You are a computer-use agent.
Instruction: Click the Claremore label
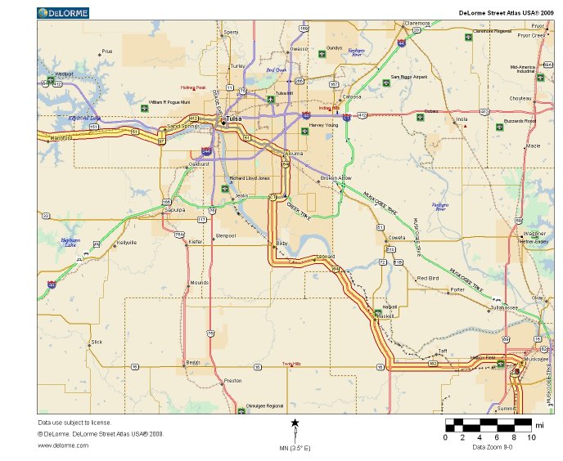point(417,23)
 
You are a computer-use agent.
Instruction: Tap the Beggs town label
point(193,361)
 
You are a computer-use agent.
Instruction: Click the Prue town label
point(106,51)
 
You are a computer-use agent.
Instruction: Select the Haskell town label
point(387,316)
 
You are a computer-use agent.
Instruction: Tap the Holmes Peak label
point(192,87)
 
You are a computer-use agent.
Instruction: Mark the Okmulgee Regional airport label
point(263,405)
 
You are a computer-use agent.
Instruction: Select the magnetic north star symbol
point(295,423)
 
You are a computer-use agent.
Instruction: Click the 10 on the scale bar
point(531,437)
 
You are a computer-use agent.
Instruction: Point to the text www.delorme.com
point(63,445)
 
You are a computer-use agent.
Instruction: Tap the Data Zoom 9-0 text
point(491,447)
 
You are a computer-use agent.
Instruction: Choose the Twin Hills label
point(291,364)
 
